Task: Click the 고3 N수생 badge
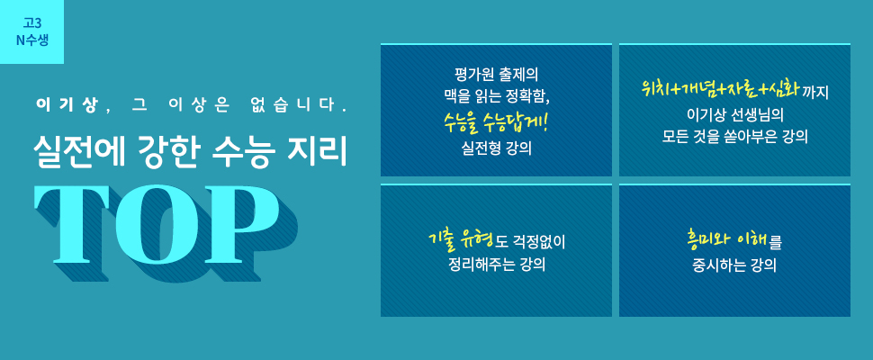click(x=31, y=31)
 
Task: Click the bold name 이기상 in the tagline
click(x=66, y=105)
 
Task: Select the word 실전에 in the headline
click(x=76, y=151)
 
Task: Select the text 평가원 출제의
click(x=496, y=74)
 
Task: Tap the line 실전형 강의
click(x=496, y=149)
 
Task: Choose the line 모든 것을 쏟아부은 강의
click(x=735, y=137)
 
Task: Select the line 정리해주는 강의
click(x=496, y=265)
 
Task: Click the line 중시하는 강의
click(x=735, y=265)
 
